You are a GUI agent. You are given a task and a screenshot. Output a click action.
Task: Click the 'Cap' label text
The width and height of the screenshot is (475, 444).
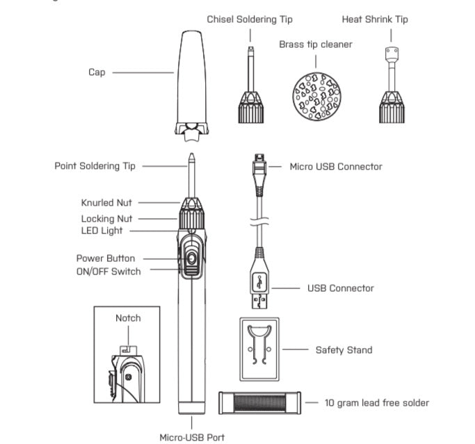[97, 72]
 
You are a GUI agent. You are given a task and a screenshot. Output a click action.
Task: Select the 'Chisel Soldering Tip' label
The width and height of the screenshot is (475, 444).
[250, 19]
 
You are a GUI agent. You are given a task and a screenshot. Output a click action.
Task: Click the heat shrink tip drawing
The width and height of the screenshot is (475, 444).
[390, 90]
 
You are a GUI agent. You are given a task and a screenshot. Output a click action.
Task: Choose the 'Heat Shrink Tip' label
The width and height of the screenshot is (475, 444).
[374, 19]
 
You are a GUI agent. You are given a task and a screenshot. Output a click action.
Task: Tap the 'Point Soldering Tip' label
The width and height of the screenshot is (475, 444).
[95, 166]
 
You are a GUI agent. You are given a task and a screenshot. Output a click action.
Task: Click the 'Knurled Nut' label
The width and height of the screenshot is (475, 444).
[106, 203]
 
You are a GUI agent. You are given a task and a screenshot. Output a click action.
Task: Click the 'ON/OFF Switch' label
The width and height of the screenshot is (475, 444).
[108, 271]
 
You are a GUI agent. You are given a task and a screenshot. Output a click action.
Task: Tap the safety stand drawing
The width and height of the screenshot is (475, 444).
[259, 349]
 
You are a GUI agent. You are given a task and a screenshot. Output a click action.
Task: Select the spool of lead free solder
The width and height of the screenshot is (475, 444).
[259, 403]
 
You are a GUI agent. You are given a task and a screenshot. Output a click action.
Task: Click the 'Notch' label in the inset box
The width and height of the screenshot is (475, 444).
[128, 318]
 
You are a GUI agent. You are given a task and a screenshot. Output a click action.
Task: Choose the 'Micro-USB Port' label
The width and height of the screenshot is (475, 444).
[192, 437]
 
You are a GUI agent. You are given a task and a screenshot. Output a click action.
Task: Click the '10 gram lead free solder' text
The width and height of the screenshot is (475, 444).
[376, 403]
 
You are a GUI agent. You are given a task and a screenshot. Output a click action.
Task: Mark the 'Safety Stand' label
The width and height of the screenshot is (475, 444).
[344, 350]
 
